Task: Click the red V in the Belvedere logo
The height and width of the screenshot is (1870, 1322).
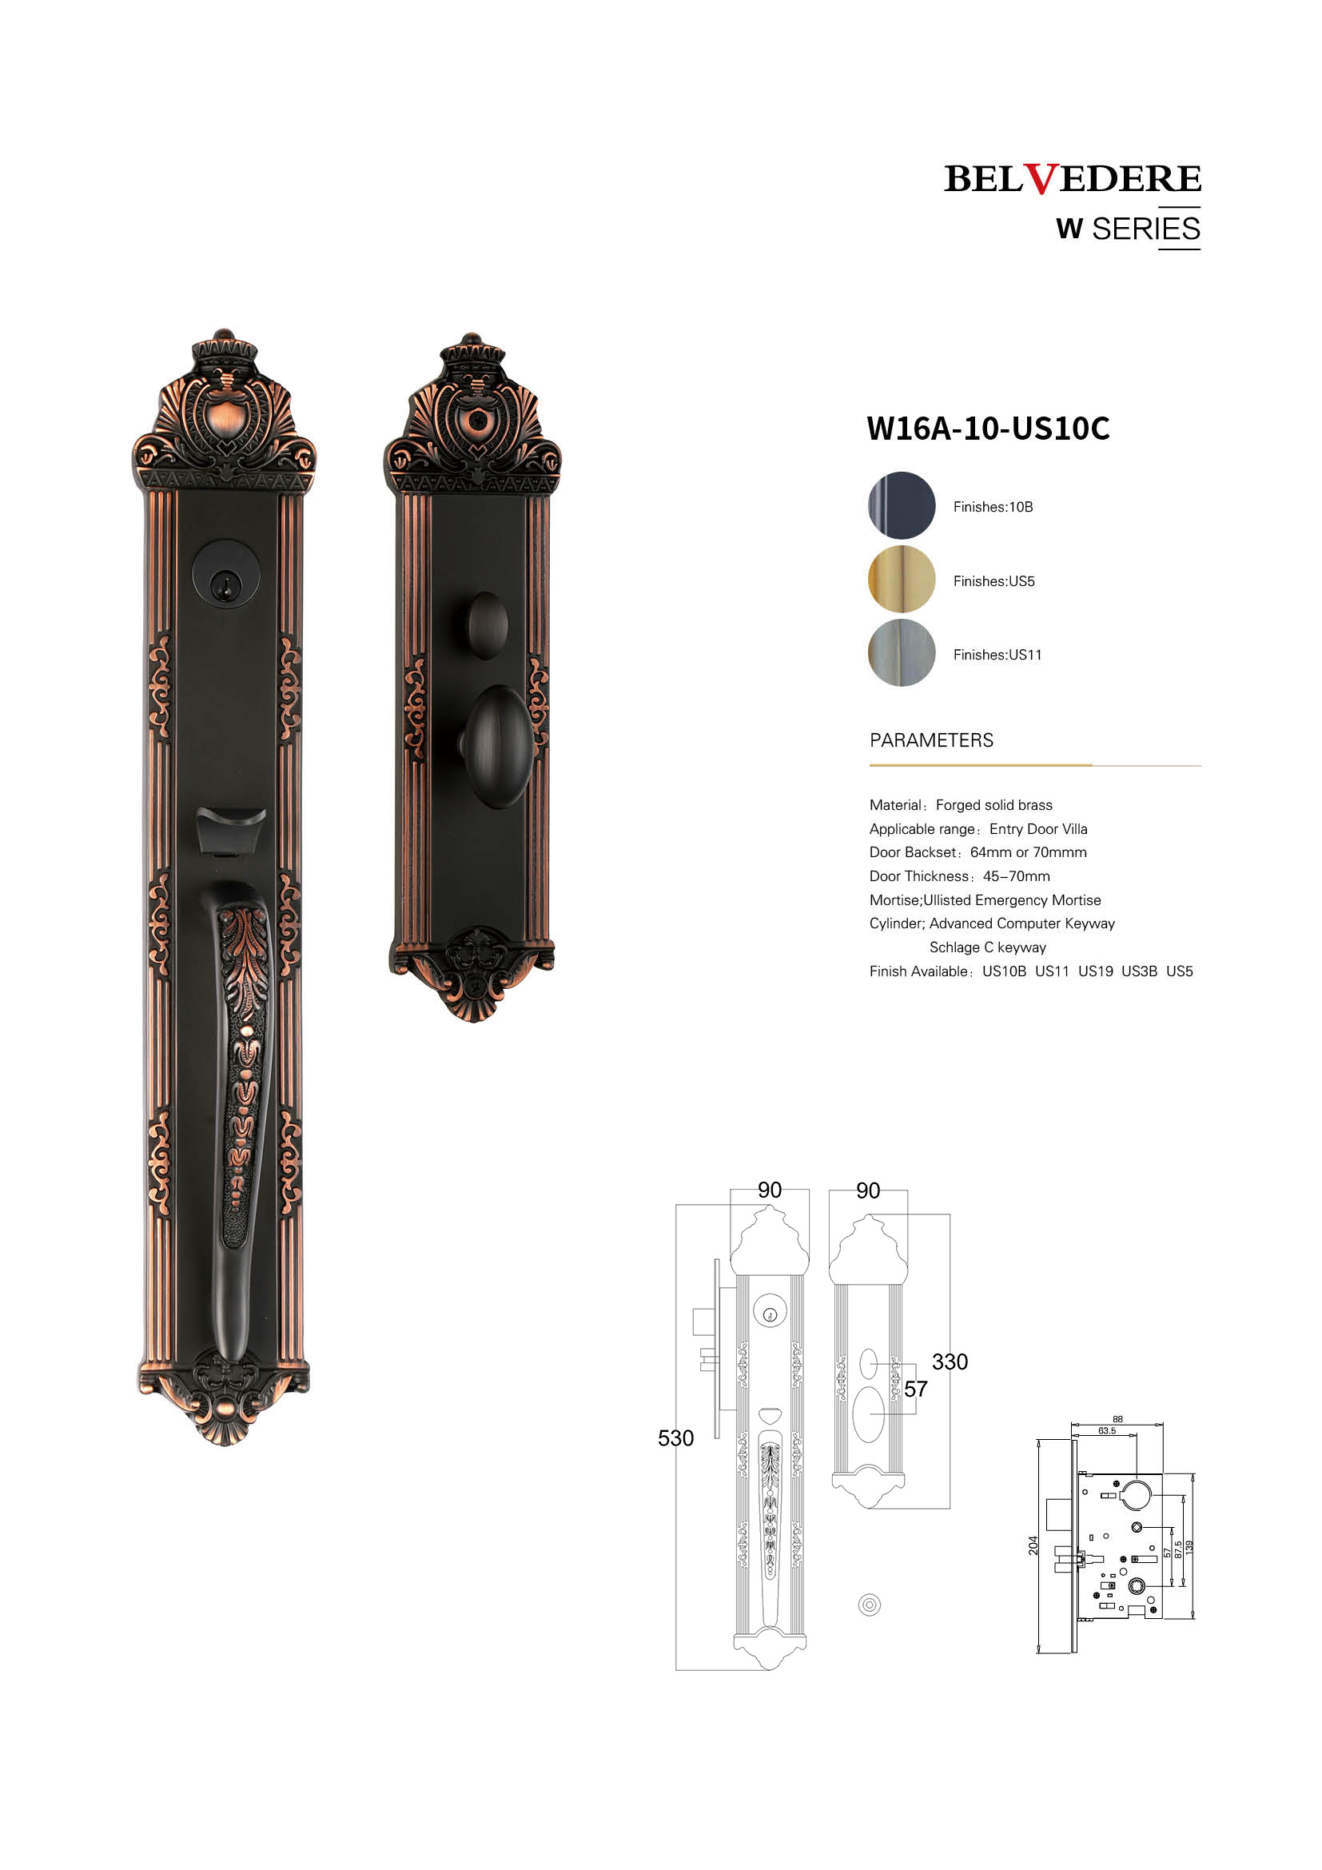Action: [1041, 178]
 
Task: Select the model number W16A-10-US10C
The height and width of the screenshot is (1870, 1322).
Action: [988, 429]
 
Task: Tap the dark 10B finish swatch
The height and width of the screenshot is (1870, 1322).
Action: [901, 505]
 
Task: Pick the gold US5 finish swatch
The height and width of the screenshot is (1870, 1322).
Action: [901, 579]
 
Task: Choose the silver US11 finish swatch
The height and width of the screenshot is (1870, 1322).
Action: [901, 652]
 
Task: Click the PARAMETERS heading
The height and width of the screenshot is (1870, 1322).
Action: [931, 740]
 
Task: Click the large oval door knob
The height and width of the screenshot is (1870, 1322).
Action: [496, 747]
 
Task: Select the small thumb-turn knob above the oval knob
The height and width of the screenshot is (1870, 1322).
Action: [487, 625]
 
